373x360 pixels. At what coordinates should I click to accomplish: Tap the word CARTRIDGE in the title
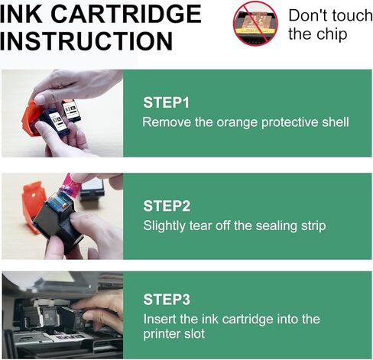coord(129,14)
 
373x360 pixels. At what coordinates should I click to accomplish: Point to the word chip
coord(333,34)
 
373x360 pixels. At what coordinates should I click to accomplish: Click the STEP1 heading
coord(166,102)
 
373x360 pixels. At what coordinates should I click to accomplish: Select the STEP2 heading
coord(166,206)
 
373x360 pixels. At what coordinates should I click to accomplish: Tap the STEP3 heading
coord(166,300)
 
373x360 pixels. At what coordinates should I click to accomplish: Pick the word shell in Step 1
coord(334,122)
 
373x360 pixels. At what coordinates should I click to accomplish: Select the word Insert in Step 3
coord(158,319)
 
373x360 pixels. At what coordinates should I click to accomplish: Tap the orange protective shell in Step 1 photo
coord(31,123)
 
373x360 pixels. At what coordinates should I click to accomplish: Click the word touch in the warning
coord(352,15)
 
